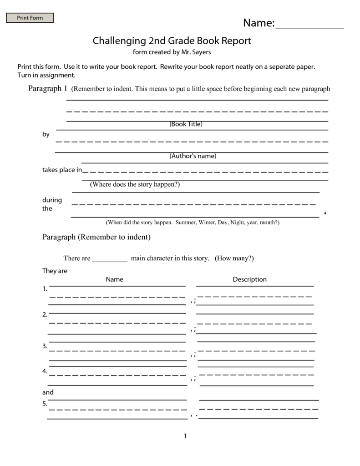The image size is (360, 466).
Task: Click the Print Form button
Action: click(30, 18)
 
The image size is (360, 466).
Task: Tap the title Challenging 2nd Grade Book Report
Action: click(172, 41)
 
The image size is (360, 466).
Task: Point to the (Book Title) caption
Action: click(186, 124)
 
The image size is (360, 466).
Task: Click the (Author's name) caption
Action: click(193, 156)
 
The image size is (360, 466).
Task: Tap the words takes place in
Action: click(62, 170)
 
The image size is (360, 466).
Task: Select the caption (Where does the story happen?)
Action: click(135, 184)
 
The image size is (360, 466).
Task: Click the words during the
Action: click(52, 204)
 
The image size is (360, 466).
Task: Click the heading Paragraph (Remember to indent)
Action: click(96, 237)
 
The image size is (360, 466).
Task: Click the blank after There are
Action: click(110, 259)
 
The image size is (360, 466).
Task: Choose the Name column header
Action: click(115, 279)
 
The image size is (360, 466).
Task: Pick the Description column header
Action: click(249, 279)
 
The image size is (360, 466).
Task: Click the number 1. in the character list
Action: click(45, 289)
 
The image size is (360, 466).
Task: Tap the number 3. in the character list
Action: click(45, 346)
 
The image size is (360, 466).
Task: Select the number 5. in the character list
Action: click(45, 404)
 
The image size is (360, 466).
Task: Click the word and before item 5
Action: click(48, 392)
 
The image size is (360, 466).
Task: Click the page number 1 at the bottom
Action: click(185, 436)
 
